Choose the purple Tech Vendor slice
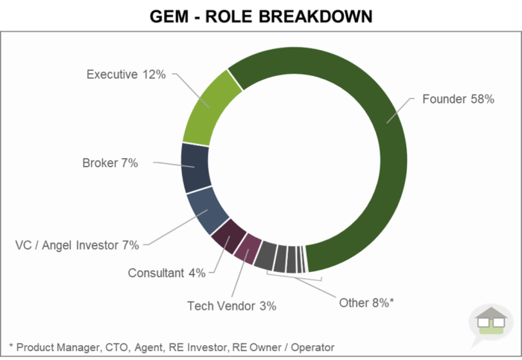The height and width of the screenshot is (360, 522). [248, 247]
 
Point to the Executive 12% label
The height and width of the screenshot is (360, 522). [126, 75]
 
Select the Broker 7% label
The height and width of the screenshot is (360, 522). [110, 163]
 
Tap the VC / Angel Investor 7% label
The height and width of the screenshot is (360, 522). [78, 244]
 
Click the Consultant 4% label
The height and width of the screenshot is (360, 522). [166, 273]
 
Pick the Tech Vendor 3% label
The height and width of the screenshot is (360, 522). [231, 306]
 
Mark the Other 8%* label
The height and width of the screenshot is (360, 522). [366, 303]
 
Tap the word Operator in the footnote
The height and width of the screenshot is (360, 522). [311, 347]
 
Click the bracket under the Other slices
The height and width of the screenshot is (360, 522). [295, 278]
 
